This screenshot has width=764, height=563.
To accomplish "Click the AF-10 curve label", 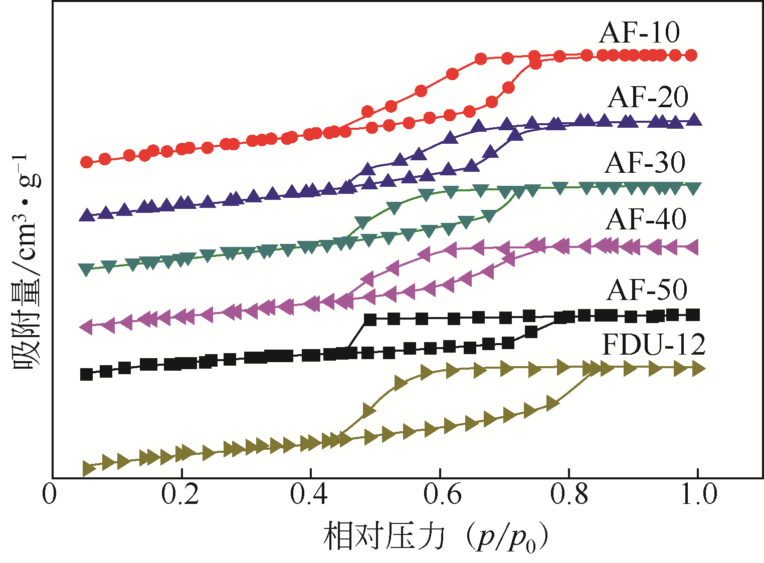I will [x=639, y=33].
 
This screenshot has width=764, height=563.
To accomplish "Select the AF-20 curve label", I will [x=648, y=97].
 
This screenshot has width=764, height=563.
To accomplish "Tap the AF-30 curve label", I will [x=645, y=162].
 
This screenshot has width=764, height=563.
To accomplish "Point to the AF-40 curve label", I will [x=646, y=219].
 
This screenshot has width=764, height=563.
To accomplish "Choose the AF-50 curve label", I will [x=647, y=290].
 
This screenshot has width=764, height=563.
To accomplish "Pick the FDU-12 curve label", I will [x=653, y=344].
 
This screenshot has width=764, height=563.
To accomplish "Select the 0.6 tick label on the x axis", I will [x=440, y=494].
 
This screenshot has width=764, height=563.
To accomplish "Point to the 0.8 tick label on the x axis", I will [x=568, y=494].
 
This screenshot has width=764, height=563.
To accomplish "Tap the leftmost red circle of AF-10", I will [x=87, y=162].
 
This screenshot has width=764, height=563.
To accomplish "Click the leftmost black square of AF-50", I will [x=87, y=374].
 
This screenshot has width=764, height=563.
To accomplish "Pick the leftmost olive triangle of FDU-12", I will [x=89, y=468].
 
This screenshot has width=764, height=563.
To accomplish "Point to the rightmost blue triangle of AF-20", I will [x=694, y=120].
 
